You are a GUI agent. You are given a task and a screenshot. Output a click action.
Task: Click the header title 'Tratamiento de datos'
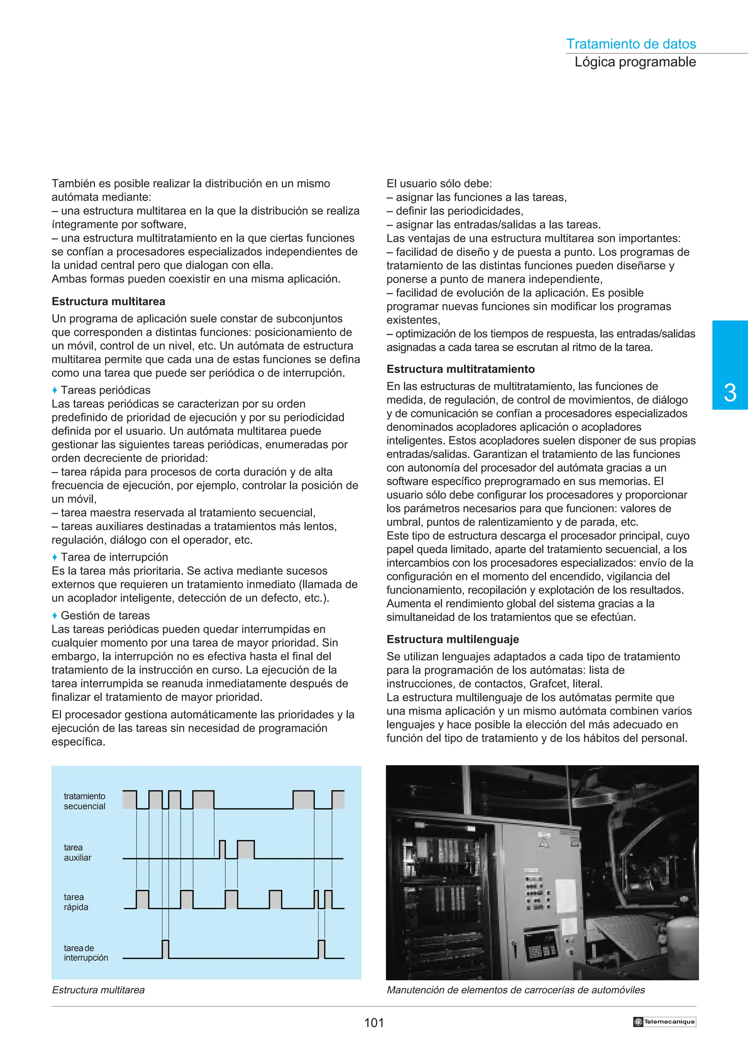630,44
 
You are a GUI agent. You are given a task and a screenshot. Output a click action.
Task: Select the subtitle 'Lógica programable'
635,62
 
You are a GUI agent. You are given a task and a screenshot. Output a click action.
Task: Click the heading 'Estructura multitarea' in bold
108,301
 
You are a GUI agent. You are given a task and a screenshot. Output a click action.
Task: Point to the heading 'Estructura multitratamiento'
461,369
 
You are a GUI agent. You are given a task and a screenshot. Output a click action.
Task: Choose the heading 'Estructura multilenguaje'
453,639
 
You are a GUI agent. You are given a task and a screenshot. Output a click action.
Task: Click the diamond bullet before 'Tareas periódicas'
54,390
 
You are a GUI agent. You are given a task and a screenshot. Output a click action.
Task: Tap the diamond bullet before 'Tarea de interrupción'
54,557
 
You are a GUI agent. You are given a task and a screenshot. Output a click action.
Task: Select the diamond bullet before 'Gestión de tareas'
54,616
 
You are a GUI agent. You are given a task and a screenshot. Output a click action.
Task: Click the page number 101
374,1023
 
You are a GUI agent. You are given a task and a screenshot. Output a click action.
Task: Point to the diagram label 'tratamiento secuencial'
84,801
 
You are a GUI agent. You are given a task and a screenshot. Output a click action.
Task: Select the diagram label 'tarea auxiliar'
77,852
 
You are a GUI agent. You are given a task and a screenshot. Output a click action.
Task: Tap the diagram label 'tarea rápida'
76,902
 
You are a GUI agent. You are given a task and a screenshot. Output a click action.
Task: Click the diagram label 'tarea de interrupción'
86,952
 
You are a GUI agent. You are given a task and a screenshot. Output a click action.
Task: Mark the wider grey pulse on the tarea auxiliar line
246,849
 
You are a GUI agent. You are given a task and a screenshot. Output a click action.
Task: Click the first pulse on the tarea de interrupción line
165,949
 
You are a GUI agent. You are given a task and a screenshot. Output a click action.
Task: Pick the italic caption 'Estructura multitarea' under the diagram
98,989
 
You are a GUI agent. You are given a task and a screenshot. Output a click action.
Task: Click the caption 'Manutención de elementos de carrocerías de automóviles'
516,989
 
